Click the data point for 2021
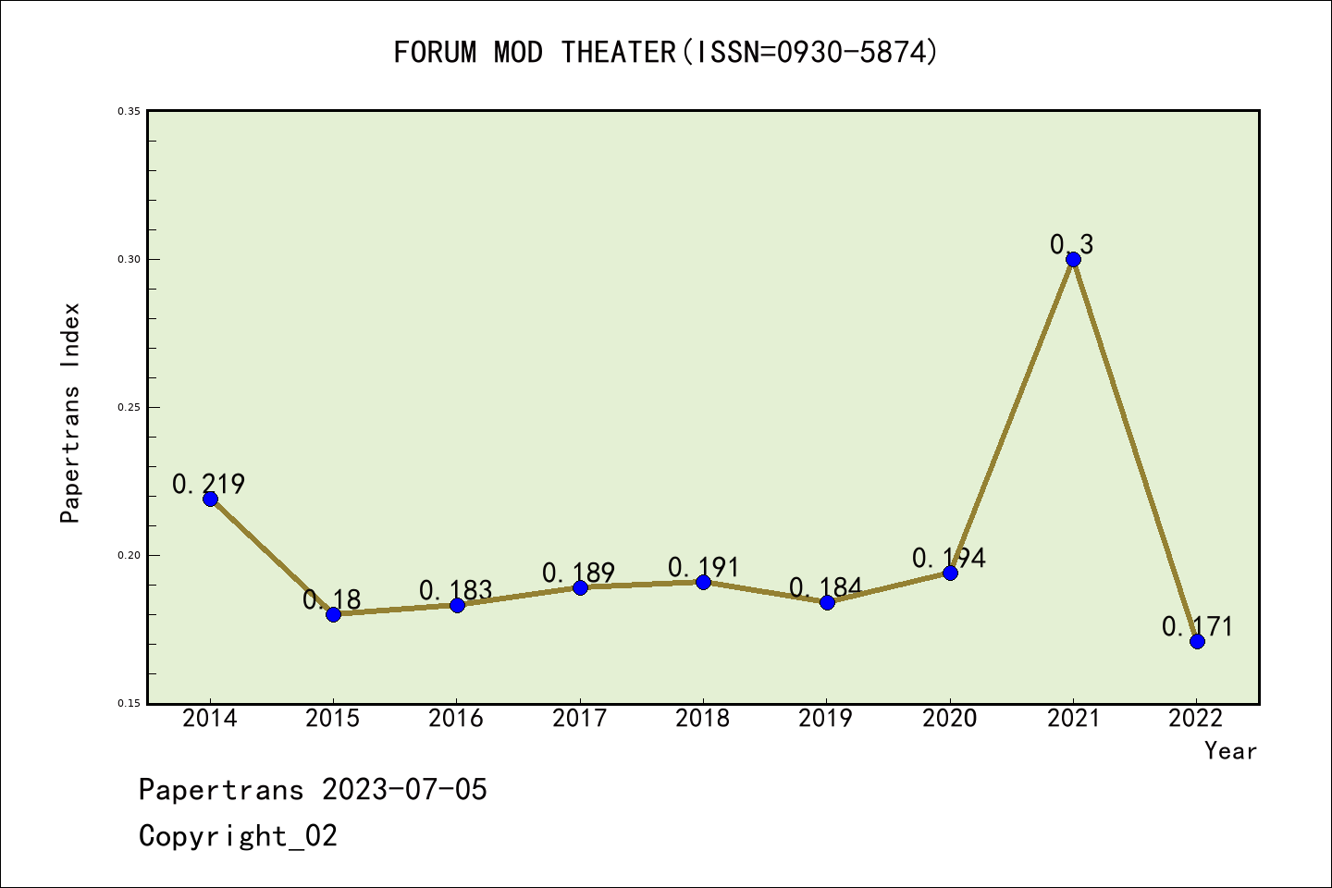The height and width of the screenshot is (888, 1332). (x=1073, y=259)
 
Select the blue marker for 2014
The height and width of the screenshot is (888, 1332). (x=210, y=499)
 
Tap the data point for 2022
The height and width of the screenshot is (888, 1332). (x=1197, y=641)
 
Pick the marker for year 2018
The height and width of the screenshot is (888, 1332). (x=703, y=582)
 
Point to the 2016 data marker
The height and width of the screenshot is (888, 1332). (x=457, y=605)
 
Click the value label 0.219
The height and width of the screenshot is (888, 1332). (x=209, y=484)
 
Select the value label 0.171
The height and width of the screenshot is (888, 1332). (x=1198, y=626)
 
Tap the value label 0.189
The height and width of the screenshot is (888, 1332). (x=579, y=573)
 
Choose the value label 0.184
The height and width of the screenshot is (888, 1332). (x=826, y=587)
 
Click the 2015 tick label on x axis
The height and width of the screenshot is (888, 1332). (x=333, y=719)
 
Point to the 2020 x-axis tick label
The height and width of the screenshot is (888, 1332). (x=949, y=719)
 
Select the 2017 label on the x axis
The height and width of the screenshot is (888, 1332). (x=580, y=719)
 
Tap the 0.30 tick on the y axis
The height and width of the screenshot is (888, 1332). (x=129, y=260)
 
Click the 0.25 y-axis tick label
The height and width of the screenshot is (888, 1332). (x=129, y=408)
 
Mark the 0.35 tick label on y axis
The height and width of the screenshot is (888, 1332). (x=129, y=112)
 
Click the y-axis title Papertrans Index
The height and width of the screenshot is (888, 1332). (x=71, y=413)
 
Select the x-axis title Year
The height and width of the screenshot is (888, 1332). (x=1230, y=751)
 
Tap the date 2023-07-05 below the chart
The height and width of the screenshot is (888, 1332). (x=404, y=790)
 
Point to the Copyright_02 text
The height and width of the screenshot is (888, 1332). (x=239, y=836)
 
